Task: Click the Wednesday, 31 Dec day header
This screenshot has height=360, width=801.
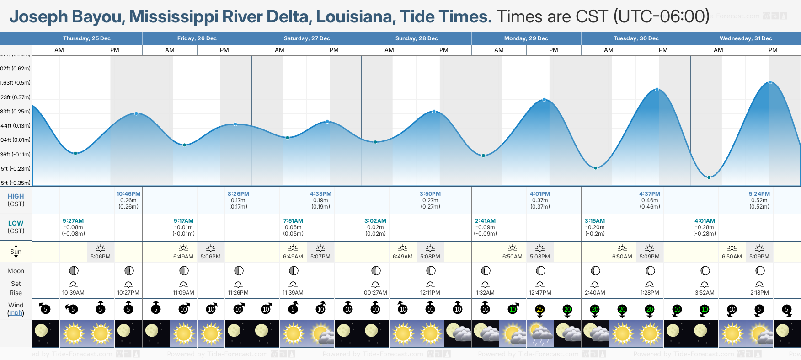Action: [745, 38]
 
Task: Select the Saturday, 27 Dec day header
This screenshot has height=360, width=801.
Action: [307, 38]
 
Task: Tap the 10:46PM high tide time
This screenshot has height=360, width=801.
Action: [128, 194]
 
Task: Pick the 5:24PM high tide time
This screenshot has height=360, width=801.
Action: [759, 194]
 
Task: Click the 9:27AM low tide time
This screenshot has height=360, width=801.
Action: [73, 221]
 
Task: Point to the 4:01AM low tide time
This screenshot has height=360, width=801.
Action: [705, 221]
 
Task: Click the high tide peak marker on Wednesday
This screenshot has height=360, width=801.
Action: [770, 82]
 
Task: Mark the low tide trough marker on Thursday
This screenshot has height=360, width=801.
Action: [76, 153]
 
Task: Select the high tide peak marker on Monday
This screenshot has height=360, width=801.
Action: [544, 100]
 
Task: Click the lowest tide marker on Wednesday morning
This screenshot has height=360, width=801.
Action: [709, 177]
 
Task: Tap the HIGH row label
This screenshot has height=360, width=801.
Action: [16, 196]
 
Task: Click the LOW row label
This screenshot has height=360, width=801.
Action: [16, 223]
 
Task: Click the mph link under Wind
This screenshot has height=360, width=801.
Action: [16, 313]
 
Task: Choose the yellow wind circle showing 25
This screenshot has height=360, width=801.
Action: [540, 310]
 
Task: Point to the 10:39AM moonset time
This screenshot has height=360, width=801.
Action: [73, 293]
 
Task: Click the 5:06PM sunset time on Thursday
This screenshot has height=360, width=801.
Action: [101, 257]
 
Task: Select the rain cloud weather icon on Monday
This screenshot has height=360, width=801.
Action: [540, 333]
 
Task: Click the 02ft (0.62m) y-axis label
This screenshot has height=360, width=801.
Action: [16, 69]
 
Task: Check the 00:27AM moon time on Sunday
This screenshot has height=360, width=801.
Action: [375, 293]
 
